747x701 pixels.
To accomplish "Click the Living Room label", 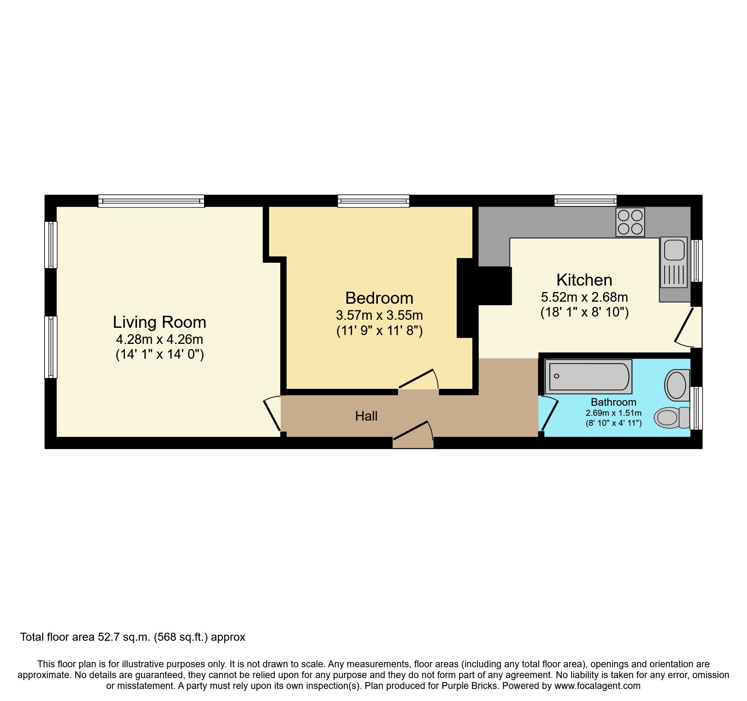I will pos(159,322).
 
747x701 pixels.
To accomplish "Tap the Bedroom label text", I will pos(379,298).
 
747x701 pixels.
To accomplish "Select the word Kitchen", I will pos(584,280).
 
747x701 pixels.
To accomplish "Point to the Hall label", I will pos(366,416).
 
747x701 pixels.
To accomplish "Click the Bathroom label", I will pos(613,402).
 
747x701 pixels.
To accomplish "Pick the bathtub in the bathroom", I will pos(588,376).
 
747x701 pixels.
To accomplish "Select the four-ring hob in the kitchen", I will pos(630,222).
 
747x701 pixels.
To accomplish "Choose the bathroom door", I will pos(549,414).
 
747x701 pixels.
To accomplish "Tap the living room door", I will pos(272,414).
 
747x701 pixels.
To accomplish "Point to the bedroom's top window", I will pos(373,201).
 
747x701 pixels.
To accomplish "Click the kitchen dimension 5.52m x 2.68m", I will pos(584,297).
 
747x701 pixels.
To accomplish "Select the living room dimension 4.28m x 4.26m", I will pos(159,339).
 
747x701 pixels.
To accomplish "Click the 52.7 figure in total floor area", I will pos(109,637).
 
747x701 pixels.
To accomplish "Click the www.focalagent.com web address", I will pos(597,686).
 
